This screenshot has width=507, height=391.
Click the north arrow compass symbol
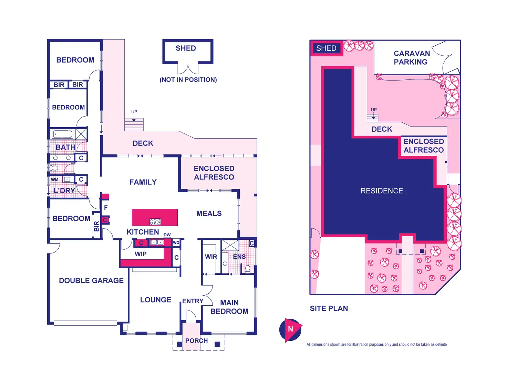coord(290,330)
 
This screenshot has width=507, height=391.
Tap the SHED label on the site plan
coord(326,48)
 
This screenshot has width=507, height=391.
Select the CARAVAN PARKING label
coord(411,58)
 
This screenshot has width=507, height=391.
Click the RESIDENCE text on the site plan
coord(382,191)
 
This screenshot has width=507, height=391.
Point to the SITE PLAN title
coord(329,308)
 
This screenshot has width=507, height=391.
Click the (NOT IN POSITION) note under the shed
coord(188,80)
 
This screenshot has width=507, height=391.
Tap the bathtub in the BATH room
coord(62,134)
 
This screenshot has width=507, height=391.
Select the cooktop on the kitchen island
coord(155,221)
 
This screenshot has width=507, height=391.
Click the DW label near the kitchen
coord(167,235)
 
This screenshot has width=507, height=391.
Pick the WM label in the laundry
coord(55,180)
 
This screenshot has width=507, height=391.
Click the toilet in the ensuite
coord(247,269)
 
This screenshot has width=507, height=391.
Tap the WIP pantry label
coord(141,254)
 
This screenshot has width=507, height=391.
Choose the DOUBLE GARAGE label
coord(91,281)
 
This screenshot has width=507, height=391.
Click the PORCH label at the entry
coord(196,341)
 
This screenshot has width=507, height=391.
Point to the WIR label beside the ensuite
coord(211,257)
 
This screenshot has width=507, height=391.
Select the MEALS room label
coord(209,214)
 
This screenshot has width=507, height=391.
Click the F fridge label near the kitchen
coord(106,208)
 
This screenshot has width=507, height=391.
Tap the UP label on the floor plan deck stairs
coord(134,112)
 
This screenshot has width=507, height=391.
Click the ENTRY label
coord(193,301)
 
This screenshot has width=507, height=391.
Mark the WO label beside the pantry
coord(176,242)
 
